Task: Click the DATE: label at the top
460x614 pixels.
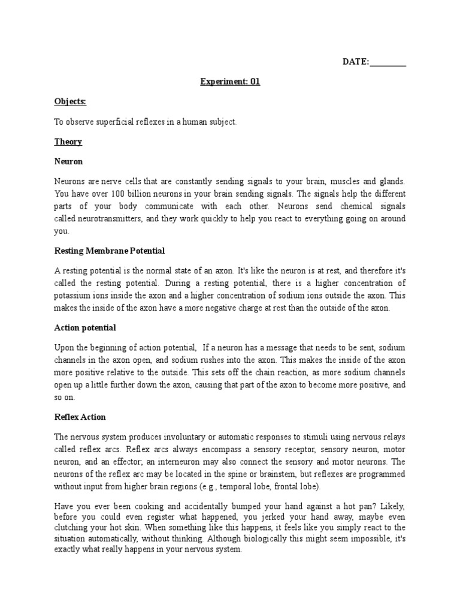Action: (x=356, y=62)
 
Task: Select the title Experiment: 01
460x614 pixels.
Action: (x=230, y=82)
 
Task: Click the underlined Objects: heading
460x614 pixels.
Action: (x=70, y=102)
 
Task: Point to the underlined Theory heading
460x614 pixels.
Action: (x=68, y=142)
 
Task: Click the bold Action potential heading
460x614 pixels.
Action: (x=85, y=328)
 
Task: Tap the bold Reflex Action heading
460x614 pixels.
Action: (x=80, y=417)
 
